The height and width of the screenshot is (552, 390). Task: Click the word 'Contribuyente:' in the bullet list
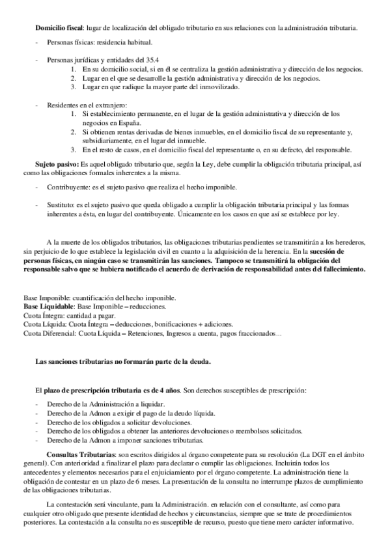(x=67, y=187)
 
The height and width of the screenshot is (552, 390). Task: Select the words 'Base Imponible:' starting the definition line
(x=46, y=279)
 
